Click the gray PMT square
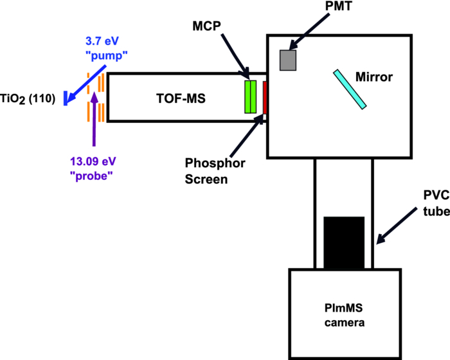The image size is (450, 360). click(x=287, y=60)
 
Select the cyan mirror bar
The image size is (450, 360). click(x=350, y=89)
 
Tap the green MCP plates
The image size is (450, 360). click(x=251, y=97)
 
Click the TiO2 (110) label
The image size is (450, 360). click(x=28, y=98)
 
